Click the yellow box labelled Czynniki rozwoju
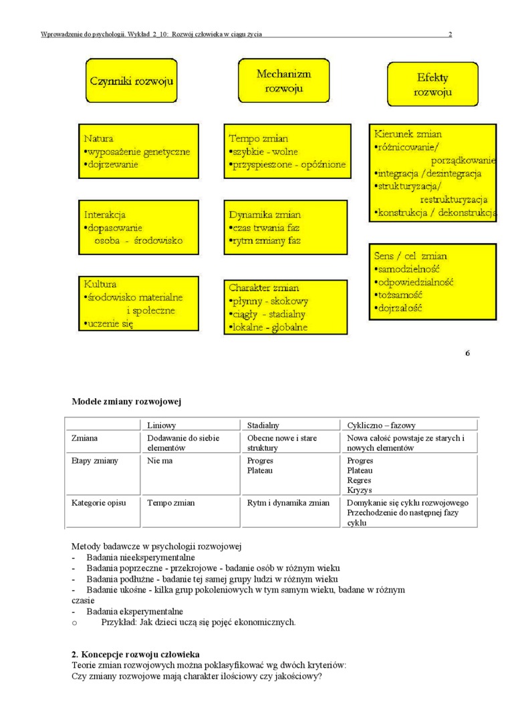point(131,81)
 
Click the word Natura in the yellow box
point(98,139)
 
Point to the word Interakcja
point(105,215)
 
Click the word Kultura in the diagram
point(100,284)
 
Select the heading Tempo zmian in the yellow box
point(259,139)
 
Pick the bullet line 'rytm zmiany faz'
point(266,240)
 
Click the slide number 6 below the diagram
point(468,353)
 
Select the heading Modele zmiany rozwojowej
point(126,402)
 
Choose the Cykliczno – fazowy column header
point(382,425)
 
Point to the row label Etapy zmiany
point(95,461)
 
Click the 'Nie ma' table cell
point(160,461)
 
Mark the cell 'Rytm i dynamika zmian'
point(288,503)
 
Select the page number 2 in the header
point(450,34)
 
